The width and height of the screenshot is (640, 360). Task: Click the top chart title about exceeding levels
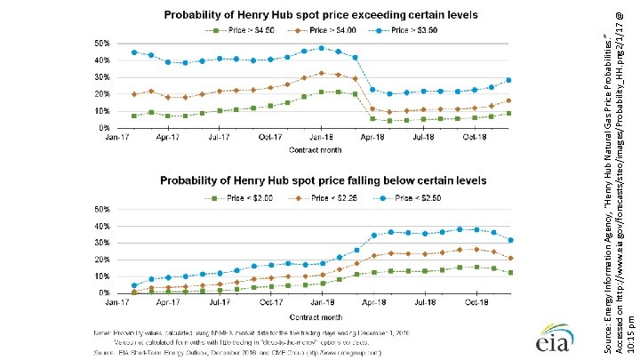320,15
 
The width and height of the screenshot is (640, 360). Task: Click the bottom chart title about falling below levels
323,180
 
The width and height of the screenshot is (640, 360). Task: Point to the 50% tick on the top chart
103,43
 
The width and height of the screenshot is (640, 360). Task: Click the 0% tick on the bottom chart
105,292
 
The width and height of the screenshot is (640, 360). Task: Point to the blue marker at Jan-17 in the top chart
134,52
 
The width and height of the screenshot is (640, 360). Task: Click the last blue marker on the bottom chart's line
509,240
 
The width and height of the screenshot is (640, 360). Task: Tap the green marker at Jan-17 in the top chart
134,116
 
